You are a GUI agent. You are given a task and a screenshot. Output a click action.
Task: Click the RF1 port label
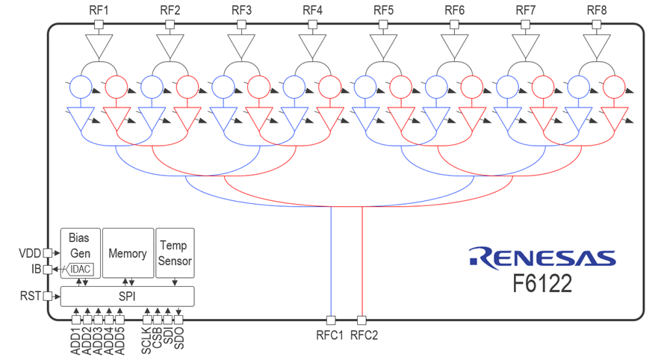point(98,10)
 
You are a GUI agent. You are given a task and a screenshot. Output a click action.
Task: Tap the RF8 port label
point(598,10)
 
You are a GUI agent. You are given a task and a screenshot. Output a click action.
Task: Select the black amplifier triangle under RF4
point(312,47)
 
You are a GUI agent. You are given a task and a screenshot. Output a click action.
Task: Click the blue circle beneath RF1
point(81,87)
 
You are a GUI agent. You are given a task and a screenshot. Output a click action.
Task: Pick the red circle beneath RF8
point(614,87)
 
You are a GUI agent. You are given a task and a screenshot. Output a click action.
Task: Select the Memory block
point(127,253)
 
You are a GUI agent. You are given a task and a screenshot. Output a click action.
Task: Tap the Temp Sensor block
point(175,253)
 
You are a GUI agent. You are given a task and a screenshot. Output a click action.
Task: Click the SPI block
point(127,297)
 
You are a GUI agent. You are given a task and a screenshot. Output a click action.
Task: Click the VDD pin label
point(29,253)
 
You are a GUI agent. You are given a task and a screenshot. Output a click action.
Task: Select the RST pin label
point(31,297)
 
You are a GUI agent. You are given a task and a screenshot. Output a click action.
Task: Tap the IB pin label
point(35,269)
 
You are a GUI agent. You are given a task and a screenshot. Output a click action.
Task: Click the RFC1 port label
point(329,335)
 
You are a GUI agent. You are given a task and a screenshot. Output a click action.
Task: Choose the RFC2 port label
point(364,335)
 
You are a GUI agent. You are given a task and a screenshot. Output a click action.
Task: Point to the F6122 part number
point(542,285)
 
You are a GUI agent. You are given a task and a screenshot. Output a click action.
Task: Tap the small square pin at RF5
point(384,25)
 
